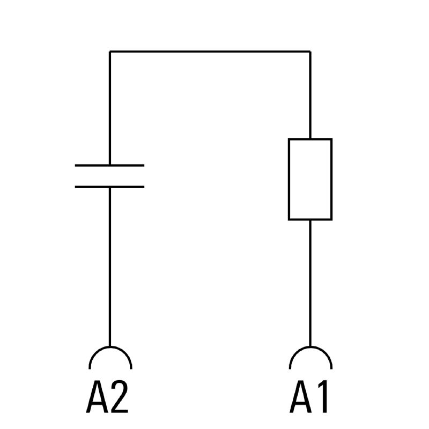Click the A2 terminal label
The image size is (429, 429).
(108, 397)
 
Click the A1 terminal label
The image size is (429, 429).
(310, 397)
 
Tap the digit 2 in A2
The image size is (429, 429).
(119, 397)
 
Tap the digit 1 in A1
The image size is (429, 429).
(322, 397)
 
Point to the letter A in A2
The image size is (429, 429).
(97, 397)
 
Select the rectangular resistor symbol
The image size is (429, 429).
(310, 179)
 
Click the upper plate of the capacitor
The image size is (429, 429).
(109, 165)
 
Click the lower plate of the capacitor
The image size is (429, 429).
(109, 187)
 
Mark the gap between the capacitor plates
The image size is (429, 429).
(109, 176)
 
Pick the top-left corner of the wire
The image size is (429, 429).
(109, 51)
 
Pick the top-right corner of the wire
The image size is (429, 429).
(310, 51)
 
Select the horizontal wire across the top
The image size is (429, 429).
(209, 51)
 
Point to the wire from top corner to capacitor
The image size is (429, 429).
(109, 107)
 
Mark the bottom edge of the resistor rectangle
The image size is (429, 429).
(310, 219)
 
